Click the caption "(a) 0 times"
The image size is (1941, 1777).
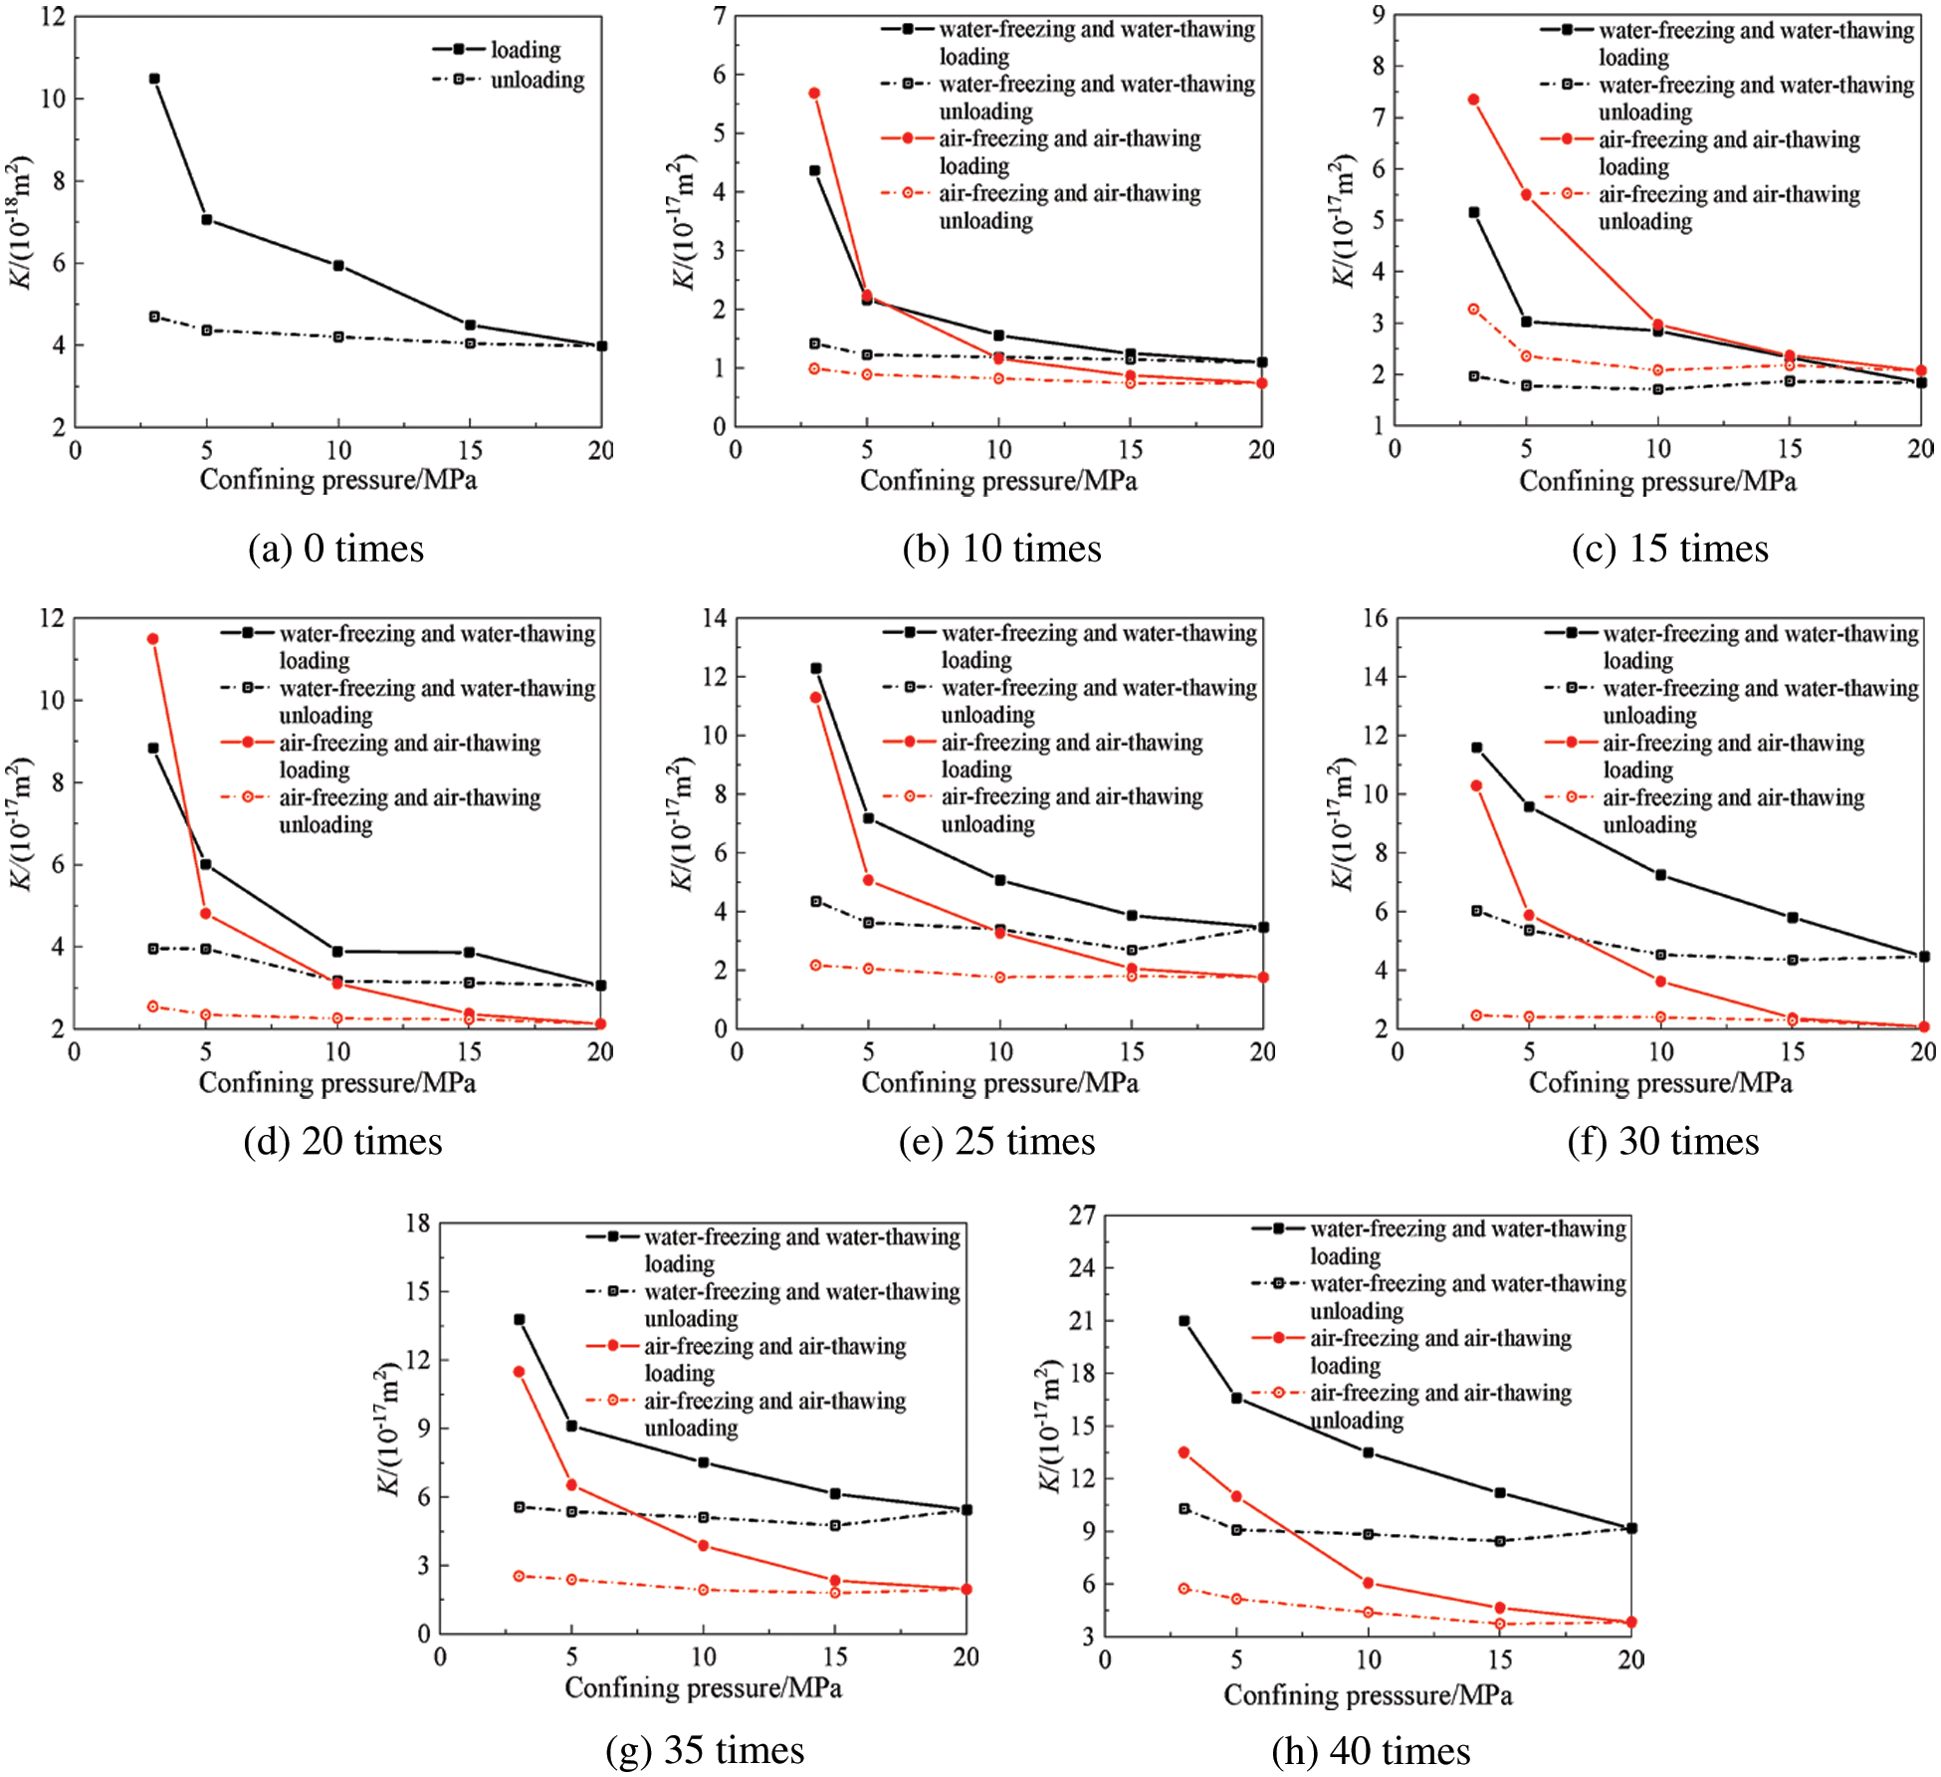(335, 550)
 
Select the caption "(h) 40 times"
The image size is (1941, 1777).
(1371, 1751)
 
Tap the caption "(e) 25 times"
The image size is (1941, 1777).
(996, 1141)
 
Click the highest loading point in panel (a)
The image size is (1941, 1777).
(154, 79)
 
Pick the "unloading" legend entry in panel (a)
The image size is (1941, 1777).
(537, 80)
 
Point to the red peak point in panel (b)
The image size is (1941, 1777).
(814, 94)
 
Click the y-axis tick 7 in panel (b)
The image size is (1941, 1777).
(719, 16)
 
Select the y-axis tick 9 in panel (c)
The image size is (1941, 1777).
(1378, 15)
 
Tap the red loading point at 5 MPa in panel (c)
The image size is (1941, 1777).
(1526, 195)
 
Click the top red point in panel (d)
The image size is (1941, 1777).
(153, 639)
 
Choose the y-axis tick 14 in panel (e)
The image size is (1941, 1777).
(714, 618)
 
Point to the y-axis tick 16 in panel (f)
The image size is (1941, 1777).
(1375, 618)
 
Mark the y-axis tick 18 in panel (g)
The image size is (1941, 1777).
(418, 1223)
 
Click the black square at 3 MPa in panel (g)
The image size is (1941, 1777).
(520, 1320)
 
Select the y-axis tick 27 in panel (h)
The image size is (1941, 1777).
(1082, 1216)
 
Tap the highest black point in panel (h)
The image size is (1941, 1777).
(1185, 1321)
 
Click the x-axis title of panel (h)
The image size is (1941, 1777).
(1368, 1695)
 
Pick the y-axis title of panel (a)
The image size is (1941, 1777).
(22, 221)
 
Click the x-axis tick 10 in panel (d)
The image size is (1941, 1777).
(337, 1052)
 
